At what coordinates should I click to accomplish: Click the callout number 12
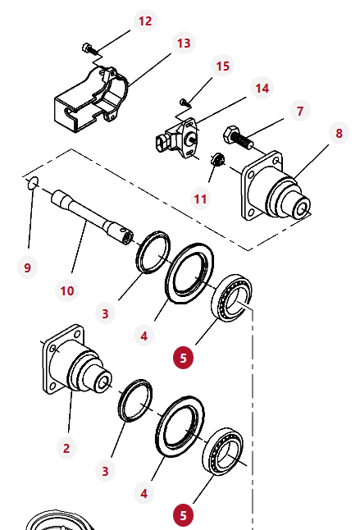145,21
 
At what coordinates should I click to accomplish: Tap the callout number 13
184,43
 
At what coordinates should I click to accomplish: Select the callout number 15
222,66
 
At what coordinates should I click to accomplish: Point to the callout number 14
262,89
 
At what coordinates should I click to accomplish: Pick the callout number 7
300,111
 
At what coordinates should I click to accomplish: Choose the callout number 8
339,133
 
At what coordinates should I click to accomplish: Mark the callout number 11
200,199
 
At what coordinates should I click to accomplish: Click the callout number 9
27,267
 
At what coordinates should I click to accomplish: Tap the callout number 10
67,290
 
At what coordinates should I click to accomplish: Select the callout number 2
66,448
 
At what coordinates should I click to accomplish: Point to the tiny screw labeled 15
185,103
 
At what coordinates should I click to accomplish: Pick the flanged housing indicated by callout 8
276,188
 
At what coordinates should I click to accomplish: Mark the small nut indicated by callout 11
218,159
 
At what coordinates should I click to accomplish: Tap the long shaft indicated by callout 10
92,217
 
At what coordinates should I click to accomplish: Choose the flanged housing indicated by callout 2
77,360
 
